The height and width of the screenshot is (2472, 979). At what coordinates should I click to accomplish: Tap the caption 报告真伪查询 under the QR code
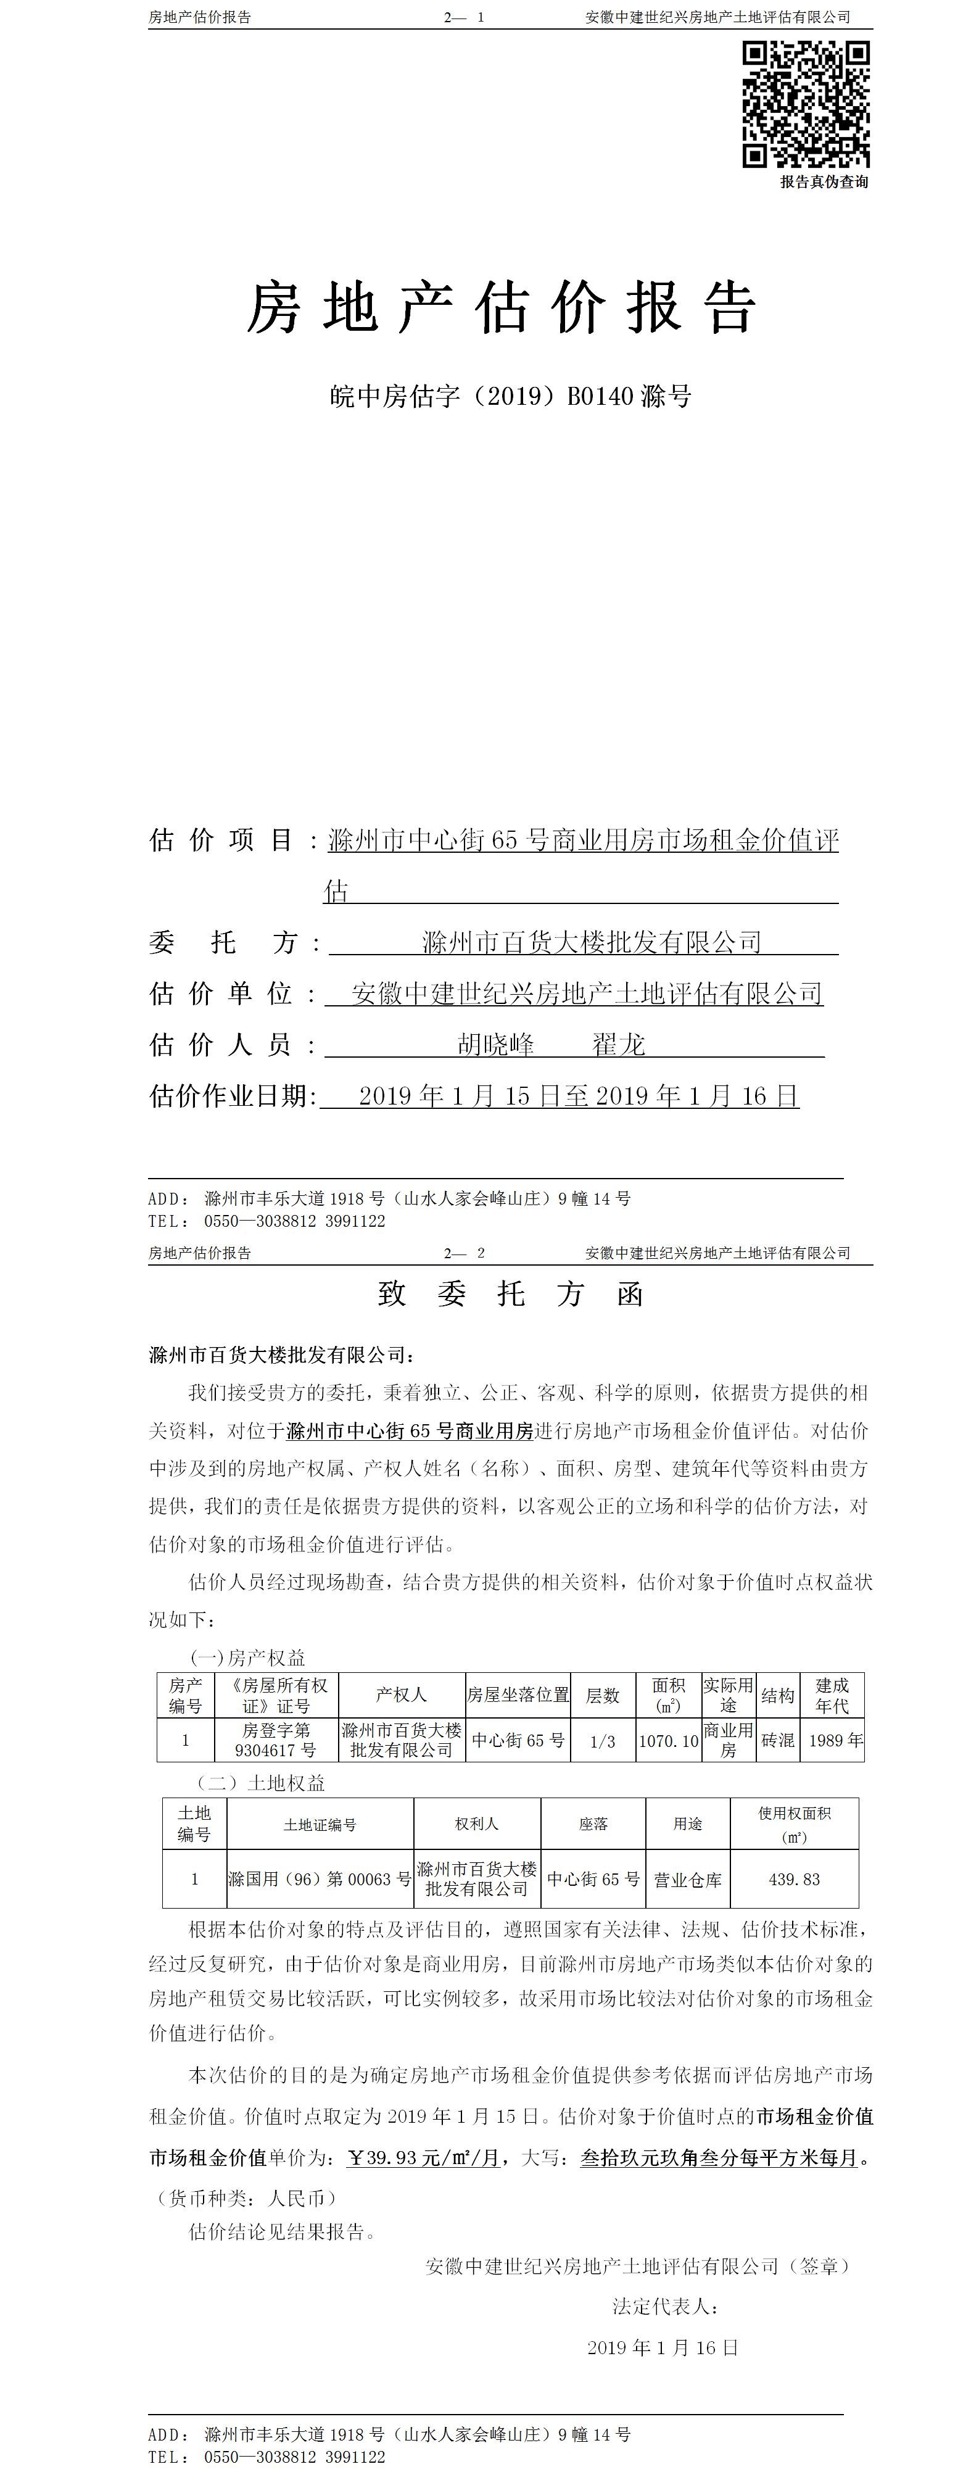click(x=824, y=181)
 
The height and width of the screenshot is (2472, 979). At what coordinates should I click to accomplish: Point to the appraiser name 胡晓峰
click(x=495, y=1044)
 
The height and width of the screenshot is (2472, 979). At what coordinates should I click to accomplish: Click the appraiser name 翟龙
click(x=618, y=1044)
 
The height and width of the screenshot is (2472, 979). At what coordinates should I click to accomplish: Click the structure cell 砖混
click(x=777, y=1740)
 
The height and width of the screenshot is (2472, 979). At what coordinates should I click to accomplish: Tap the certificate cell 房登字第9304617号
click(x=276, y=1740)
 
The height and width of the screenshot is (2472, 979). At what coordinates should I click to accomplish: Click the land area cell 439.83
click(x=794, y=1879)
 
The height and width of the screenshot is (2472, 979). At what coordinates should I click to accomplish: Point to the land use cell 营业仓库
click(x=687, y=1880)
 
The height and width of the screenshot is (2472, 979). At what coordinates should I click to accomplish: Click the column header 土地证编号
click(x=320, y=1824)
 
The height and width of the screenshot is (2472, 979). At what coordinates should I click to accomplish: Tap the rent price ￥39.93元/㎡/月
click(x=423, y=2157)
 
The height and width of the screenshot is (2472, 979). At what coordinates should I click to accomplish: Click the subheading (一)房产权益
click(x=247, y=1657)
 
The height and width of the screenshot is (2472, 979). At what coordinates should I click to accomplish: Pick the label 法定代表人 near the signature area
click(x=664, y=2306)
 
